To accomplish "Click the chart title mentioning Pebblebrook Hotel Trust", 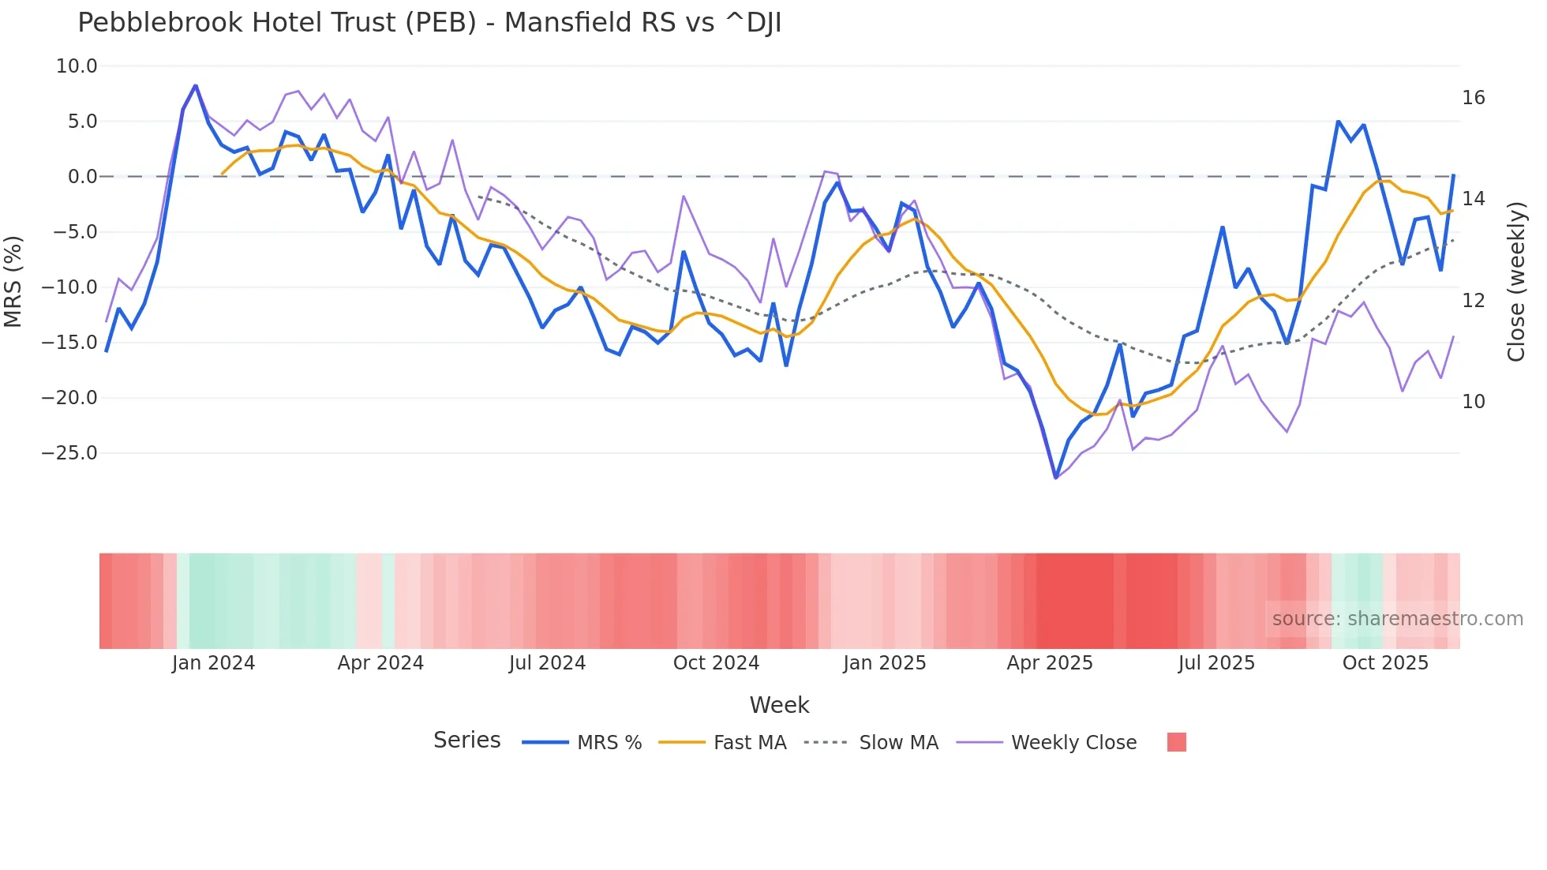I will (x=429, y=23).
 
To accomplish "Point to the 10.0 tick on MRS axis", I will (x=77, y=66).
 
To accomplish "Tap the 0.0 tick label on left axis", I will (x=82, y=177).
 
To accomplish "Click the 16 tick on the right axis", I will (x=1473, y=98).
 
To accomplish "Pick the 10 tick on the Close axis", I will (x=1473, y=402).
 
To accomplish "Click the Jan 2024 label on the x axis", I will (x=213, y=663).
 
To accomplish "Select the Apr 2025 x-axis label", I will (x=1049, y=663).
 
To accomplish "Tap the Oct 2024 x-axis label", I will (x=716, y=663).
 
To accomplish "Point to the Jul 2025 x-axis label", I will (x=1216, y=663).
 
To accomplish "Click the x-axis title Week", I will (x=779, y=705).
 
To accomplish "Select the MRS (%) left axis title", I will (x=13, y=281).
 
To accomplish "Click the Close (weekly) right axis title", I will (x=1515, y=281).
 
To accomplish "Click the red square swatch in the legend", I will (x=1176, y=742).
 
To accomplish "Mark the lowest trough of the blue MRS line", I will (x=1055, y=478).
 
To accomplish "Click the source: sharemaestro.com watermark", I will (x=1397, y=619).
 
